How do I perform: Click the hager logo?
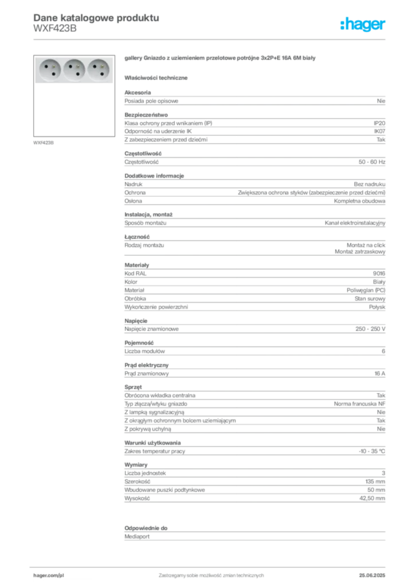point(363,24)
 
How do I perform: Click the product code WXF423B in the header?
point(55,29)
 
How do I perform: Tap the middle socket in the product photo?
point(74,70)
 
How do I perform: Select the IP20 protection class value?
point(379,123)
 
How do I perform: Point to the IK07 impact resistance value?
point(379,131)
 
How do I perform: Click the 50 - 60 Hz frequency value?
point(372,162)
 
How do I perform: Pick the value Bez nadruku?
point(369,184)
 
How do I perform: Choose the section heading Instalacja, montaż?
point(148,214)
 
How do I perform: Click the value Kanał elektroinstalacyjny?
point(355,223)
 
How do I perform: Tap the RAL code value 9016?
point(379,273)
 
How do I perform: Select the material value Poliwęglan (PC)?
point(366,290)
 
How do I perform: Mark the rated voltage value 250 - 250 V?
point(370,329)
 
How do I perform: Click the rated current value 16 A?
point(380,374)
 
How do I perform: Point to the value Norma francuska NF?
point(359,404)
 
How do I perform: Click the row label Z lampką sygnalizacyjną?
point(155,412)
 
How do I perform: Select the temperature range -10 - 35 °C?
point(372,452)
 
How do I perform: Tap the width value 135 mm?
point(375,482)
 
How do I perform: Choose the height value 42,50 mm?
point(373,498)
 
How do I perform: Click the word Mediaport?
point(137,537)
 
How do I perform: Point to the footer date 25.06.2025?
point(372,576)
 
